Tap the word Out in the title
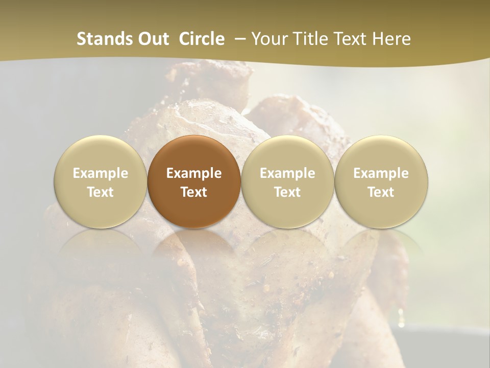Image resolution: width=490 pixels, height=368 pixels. (x=152, y=39)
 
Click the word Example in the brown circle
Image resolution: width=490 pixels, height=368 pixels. (x=194, y=173)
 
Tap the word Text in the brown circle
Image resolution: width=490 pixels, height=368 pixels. (x=194, y=192)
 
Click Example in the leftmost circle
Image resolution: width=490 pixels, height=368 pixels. (x=100, y=173)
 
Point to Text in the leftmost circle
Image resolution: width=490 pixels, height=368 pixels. (x=100, y=192)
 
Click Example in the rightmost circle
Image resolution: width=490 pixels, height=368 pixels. (x=381, y=173)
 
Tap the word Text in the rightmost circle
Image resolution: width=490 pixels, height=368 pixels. (x=381, y=192)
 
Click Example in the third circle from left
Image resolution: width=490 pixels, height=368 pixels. (x=287, y=173)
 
